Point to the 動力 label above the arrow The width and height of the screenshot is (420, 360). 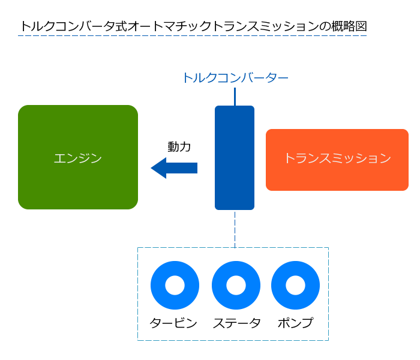point(179,146)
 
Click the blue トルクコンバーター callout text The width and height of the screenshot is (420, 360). point(235,78)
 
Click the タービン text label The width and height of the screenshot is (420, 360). point(173,323)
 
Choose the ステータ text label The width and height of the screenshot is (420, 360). point(236,323)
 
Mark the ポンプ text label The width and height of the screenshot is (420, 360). point(295,323)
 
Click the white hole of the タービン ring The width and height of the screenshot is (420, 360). point(175,285)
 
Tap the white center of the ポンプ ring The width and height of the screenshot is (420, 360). point(295,285)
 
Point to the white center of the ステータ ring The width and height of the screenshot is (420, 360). point(236,285)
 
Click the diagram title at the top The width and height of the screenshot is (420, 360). point(193,26)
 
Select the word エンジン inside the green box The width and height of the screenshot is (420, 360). point(78,158)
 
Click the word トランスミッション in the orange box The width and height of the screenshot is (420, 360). point(337,159)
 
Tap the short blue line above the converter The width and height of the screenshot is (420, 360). point(235,96)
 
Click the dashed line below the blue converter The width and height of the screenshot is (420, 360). point(235,229)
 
